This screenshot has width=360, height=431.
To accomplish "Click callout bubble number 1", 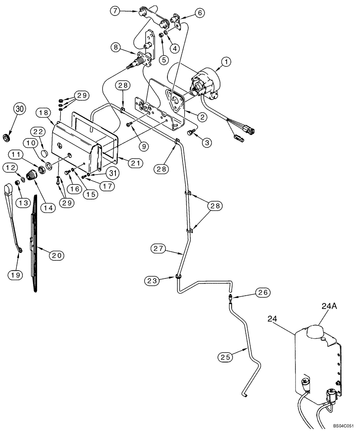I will pyautogui.click(x=227, y=62).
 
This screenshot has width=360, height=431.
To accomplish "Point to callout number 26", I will pyautogui.click(x=264, y=292).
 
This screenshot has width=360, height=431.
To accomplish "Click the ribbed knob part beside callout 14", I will pyautogui.click(x=32, y=175).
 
